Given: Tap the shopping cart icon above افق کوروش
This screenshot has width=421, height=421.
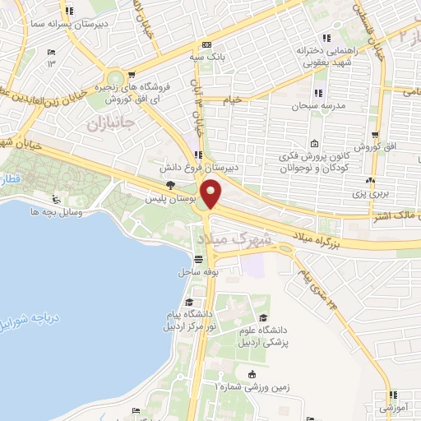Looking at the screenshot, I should click(x=374, y=134).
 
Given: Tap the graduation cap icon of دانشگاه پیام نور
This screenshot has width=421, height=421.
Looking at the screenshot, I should click(x=190, y=302).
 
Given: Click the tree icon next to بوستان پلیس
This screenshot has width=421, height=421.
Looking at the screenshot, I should click(x=170, y=186).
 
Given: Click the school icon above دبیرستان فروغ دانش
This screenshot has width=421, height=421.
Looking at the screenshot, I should click(x=197, y=154).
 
